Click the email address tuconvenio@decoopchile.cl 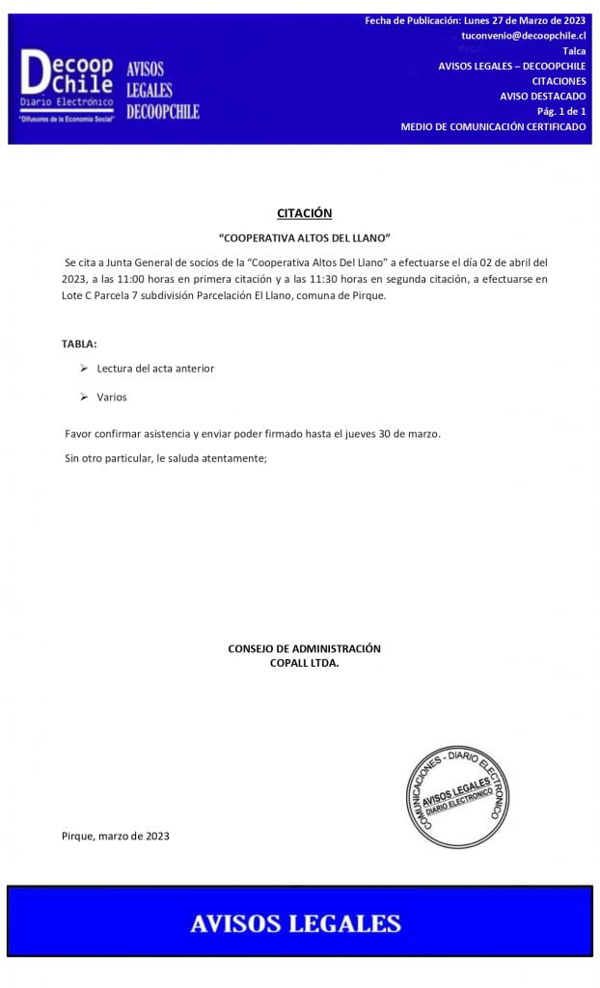point(524,35)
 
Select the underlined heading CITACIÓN point(304,213)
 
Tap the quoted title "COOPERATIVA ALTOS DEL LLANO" point(305,237)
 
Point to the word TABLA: point(79,343)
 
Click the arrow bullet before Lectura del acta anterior point(84,368)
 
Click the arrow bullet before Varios point(84,397)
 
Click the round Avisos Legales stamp point(456,797)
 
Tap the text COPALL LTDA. point(304,663)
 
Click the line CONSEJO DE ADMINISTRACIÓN point(304,648)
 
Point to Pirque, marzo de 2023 point(116,836)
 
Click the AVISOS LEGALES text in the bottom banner point(295,923)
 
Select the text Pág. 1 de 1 point(561,111)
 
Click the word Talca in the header point(573,50)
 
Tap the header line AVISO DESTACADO point(542,96)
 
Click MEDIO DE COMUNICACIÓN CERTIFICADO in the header point(493,126)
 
